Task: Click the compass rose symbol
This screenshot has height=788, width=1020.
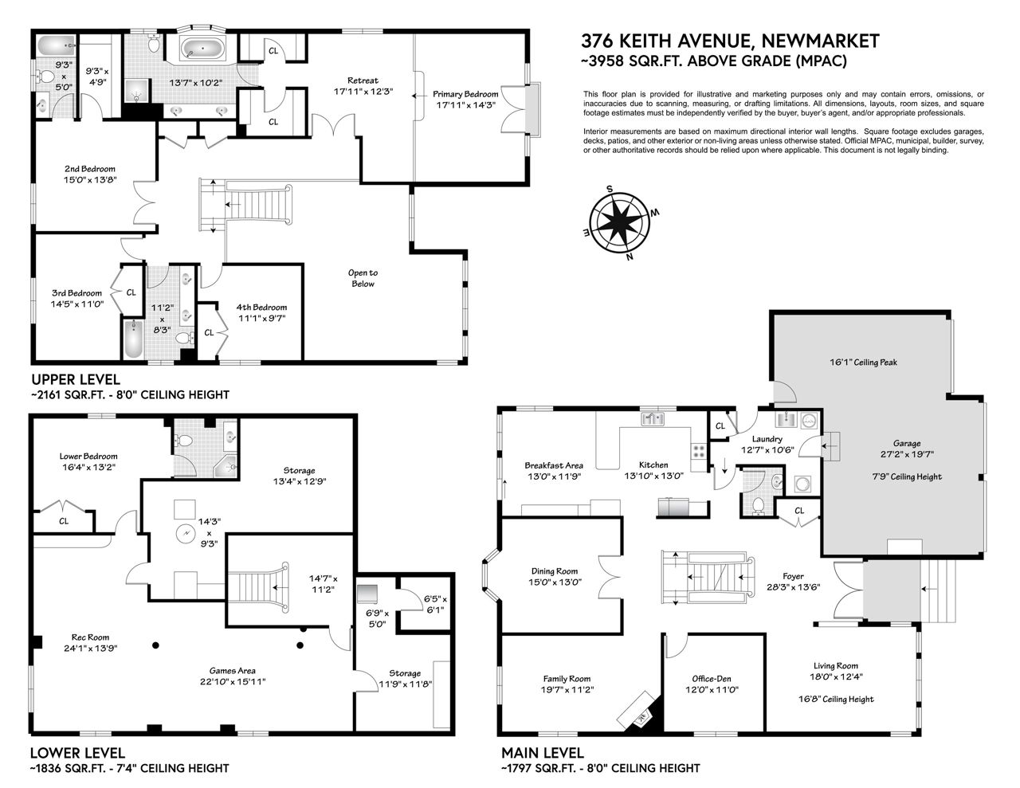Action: (x=620, y=222)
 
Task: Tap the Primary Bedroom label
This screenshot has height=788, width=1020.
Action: (x=465, y=94)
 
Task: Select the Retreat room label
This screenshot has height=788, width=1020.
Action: (x=363, y=80)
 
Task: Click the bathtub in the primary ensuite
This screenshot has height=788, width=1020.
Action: (x=202, y=49)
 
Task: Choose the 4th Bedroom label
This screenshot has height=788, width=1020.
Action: (x=261, y=308)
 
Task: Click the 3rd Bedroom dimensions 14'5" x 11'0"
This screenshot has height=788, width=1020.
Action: (x=77, y=304)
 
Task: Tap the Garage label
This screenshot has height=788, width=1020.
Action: (x=906, y=443)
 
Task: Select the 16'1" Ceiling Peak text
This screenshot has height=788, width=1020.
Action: (x=863, y=363)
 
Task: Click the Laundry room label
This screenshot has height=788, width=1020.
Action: (x=767, y=439)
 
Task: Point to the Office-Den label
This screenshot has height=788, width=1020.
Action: (x=711, y=679)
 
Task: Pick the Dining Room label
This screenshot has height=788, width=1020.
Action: (x=555, y=571)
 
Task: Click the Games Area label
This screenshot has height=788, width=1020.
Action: (x=233, y=671)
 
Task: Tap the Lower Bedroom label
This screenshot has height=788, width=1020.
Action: (x=88, y=457)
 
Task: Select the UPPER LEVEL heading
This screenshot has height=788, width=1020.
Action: (x=76, y=378)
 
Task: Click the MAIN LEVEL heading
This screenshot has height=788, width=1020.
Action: (x=543, y=753)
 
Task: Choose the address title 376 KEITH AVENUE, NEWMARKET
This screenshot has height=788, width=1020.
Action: (x=730, y=41)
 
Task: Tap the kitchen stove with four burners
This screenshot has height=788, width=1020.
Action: (x=698, y=451)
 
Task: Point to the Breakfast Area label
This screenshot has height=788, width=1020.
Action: (x=554, y=465)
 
